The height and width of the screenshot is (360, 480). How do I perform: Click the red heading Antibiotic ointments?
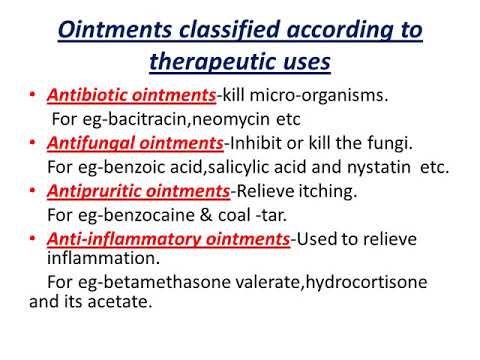point(123,96)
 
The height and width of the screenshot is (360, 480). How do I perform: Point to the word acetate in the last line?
point(124,298)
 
